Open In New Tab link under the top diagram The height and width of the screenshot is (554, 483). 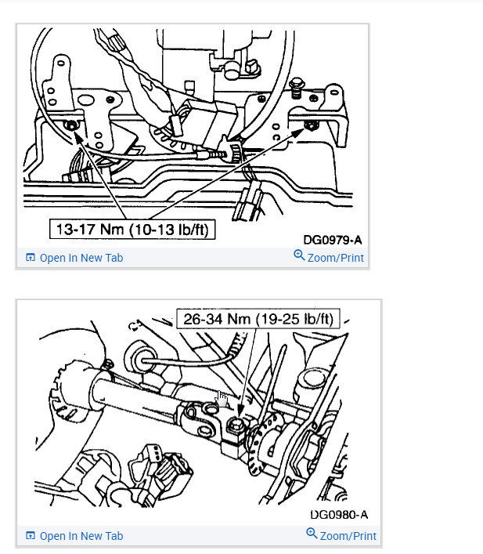pyautogui.click(x=81, y=258)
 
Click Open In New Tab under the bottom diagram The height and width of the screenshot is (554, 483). pyautogui.click(x=81, y=536)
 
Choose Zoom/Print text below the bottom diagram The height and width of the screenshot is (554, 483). pyautogui.click(x=348, y=536)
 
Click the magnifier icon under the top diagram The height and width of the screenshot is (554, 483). pyautogui.click(x=299, y=256)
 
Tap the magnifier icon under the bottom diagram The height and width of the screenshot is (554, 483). pyautogui.click(x=312, y=534)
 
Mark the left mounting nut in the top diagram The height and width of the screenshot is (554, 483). pyautogui.click(x=72, y=125)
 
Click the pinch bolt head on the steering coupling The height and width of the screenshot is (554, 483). pyautogui.click(x=233, y=426)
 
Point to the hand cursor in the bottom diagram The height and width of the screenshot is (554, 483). pyautogui.click(x=222, y=400)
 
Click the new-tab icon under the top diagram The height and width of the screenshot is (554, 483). pyautogui.click(x=31, y=258)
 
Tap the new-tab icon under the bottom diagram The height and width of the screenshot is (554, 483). pyautogui.click(x=31, y=536)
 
